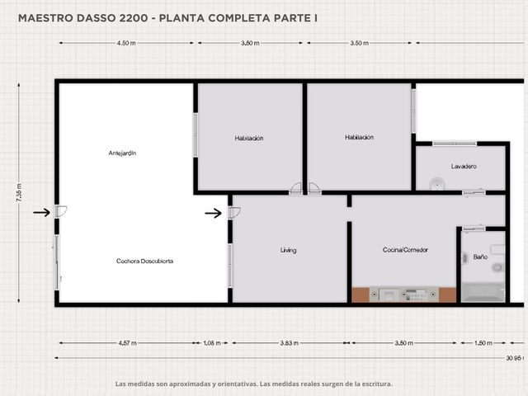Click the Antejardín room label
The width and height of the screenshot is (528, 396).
122,153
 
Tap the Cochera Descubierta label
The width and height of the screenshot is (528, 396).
145,261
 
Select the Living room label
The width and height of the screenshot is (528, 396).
288,250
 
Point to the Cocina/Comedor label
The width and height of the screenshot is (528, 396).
405,250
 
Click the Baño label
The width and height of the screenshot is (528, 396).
480,257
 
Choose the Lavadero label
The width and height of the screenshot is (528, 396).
464,167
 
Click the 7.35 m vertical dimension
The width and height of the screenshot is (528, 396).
19,192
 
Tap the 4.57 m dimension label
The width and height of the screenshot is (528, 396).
127,343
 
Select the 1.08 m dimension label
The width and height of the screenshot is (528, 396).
212,343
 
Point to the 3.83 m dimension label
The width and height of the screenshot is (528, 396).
290,343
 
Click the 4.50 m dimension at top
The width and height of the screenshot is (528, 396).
126,43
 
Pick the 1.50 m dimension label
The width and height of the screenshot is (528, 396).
483,343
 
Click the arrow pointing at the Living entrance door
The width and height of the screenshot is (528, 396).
213,213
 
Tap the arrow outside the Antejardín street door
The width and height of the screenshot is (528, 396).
41,213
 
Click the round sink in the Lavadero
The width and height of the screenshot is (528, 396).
437,184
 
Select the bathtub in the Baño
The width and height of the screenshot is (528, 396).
483,292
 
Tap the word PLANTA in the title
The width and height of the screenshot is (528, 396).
181,18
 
